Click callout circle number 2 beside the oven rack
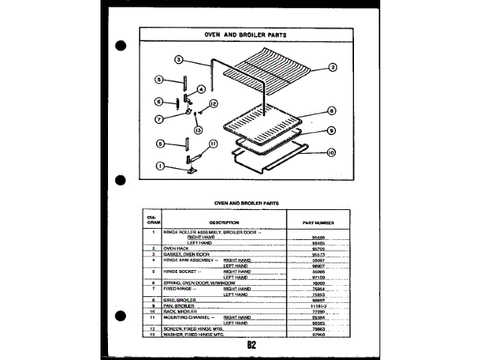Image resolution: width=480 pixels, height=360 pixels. click(x=333, y=67)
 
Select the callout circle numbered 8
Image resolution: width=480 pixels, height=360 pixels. click(x=331, y=110)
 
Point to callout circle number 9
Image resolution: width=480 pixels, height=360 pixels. click(x=331, y=130)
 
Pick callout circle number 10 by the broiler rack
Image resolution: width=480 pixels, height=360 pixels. click(x=331, y=154)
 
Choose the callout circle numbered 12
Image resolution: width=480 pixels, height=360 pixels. click(x=213, y=103)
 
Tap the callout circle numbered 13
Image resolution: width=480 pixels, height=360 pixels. click(x=198, y=130)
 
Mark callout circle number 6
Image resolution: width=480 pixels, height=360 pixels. click(x=159, y=101)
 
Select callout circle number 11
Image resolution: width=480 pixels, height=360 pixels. click(x=213, y=143)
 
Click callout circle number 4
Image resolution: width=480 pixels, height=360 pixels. click(x=201, y=88)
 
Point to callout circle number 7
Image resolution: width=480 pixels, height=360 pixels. click(x=159, y=118)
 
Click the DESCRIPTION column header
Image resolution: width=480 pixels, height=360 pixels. click(x=223, y=222)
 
